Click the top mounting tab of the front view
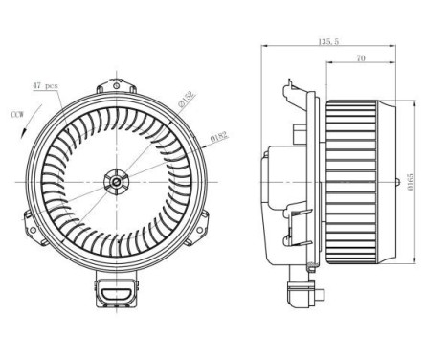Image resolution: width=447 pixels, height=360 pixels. (x=116, y=79)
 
